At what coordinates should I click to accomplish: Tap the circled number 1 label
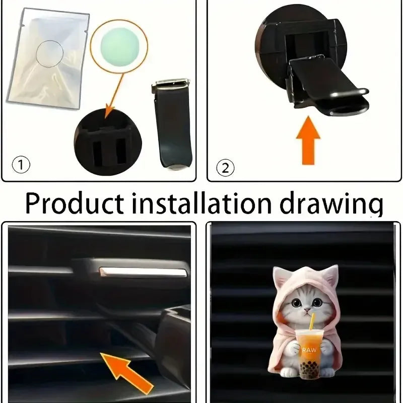(22, 165)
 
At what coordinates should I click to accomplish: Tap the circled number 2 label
(226, 167)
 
